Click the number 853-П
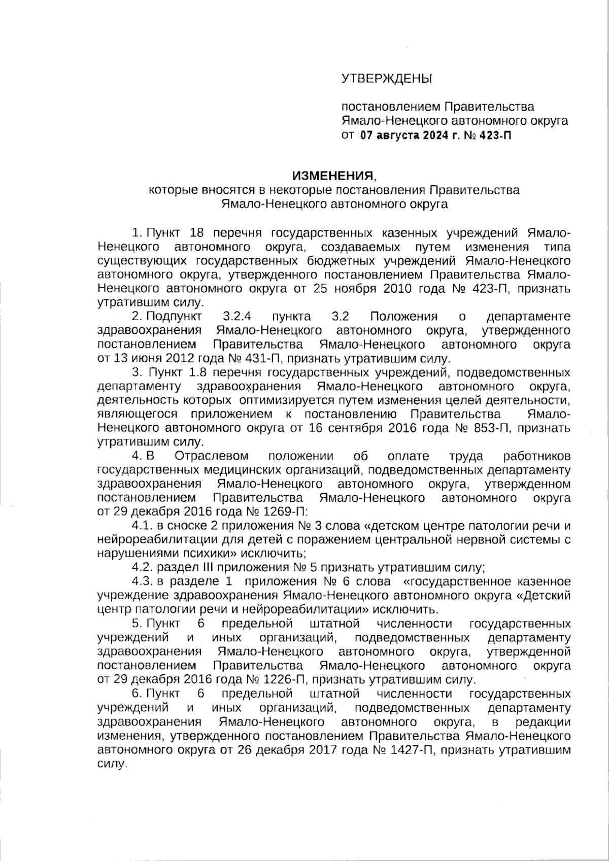click(496, 428)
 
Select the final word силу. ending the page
click(110, 764)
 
